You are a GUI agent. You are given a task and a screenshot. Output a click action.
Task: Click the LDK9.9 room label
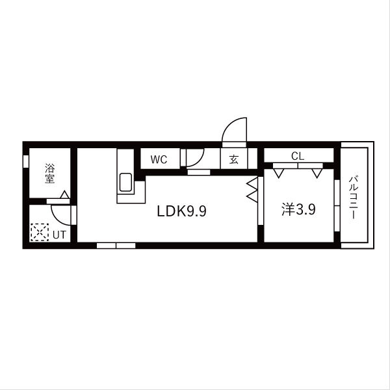181,211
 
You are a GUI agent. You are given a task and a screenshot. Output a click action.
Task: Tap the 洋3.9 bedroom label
298,209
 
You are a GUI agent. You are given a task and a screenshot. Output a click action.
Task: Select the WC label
159,159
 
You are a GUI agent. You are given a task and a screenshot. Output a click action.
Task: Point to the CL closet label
298,156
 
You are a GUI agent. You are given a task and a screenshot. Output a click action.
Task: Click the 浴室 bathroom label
50,174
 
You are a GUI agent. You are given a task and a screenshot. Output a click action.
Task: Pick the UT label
59,235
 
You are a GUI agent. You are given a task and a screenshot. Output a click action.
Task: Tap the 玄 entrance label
234,159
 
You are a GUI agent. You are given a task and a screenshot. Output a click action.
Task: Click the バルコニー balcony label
353,198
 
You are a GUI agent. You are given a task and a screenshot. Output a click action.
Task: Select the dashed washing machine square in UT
40,232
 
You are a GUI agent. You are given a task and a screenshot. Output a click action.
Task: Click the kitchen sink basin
125,182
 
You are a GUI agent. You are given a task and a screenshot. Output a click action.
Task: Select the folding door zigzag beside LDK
252,190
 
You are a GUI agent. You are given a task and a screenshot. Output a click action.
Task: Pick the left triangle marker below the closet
279,174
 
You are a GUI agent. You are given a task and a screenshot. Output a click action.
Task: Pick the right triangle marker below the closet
317,174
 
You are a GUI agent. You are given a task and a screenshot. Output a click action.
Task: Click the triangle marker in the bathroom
65,194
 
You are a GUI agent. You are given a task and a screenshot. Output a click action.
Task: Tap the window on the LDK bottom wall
116,246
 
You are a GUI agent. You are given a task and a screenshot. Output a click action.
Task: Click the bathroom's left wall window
26,161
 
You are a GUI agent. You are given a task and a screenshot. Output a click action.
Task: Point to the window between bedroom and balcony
337,205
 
